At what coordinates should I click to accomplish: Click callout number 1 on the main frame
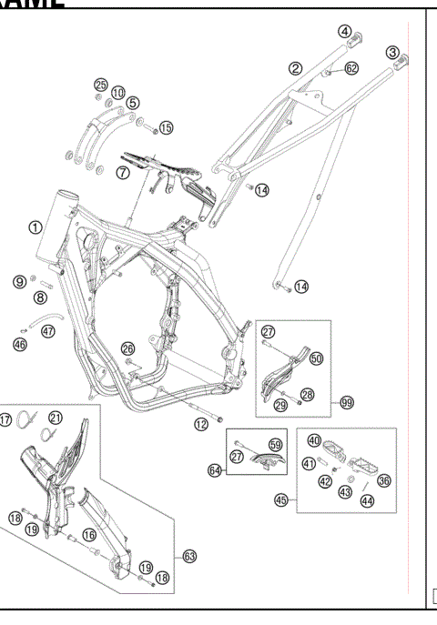click(x=34, y=227)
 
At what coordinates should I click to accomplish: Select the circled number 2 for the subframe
click(x=296, y=67)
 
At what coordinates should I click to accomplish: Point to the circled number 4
click(x=345, y=31)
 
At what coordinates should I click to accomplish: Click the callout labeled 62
click(x=351, y=67)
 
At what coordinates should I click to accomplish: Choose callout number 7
click(x=122, y=172)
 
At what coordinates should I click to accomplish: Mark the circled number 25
click(x=100, y=85)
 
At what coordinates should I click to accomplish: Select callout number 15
click(x=166, y=127)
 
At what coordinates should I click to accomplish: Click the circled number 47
click(x=48, y=331)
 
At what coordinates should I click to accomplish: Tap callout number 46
click(x=20, y=345)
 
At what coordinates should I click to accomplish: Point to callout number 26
click(x=127, y=348)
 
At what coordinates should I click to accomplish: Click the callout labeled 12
click(x=200, y=423)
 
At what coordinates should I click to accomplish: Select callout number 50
click(x=316, y=359)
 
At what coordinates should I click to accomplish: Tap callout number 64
click(x=215, y=470)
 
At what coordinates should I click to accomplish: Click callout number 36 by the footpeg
click(x=383, y=481)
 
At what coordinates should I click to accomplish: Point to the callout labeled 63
click(x=189, y=555)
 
